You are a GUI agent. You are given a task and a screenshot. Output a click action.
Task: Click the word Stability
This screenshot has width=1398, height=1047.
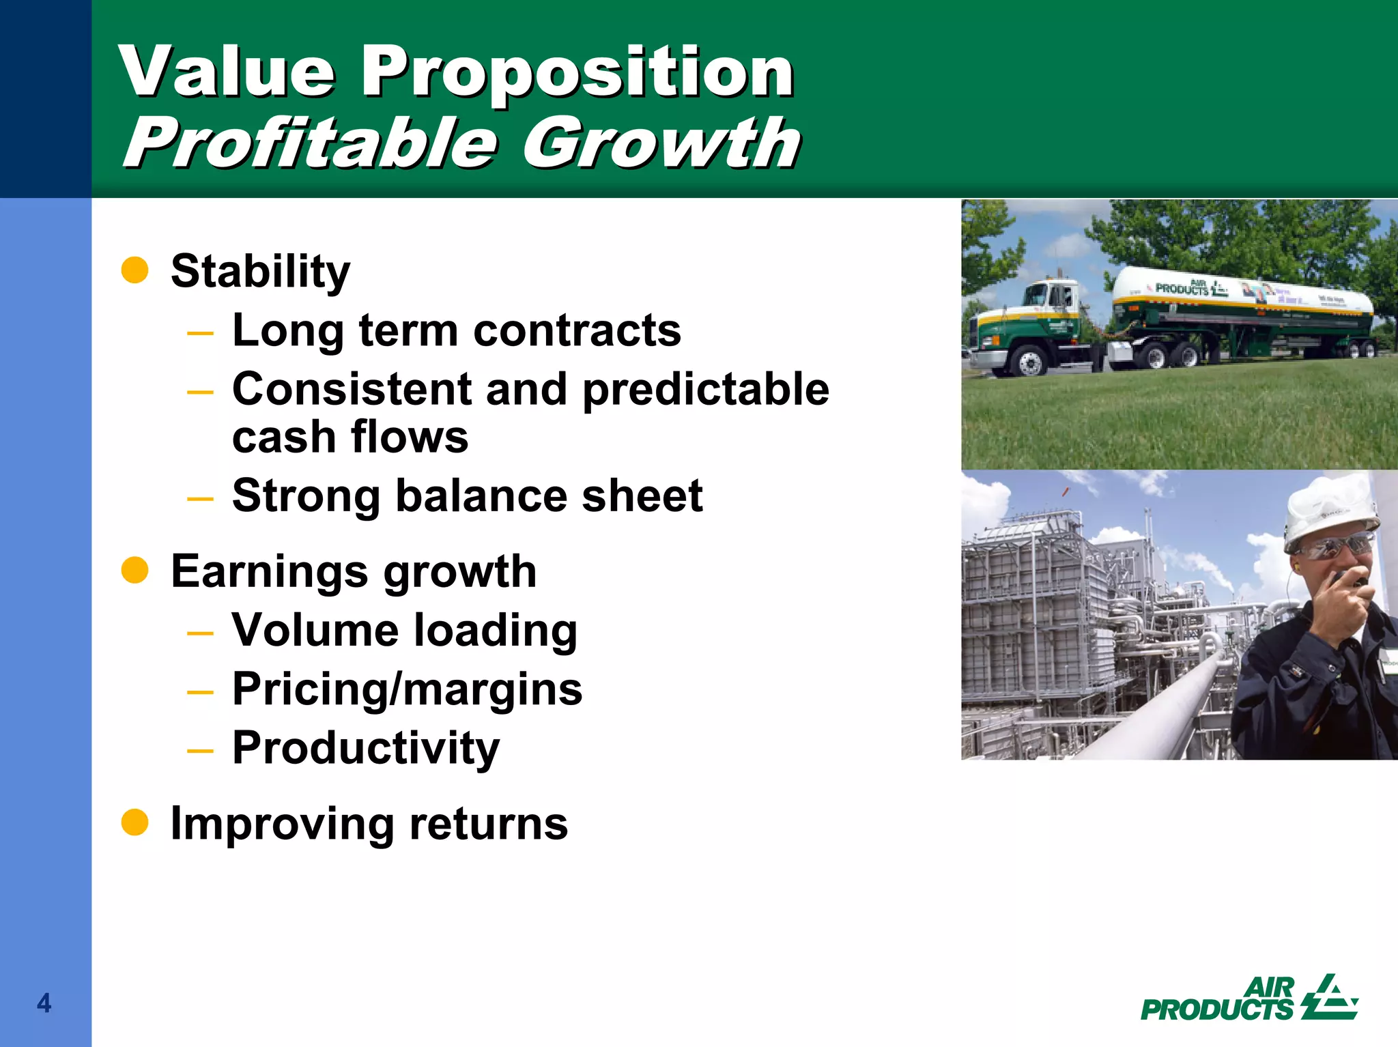point(260,272)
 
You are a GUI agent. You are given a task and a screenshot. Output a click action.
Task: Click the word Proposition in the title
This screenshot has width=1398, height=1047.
point(577,72)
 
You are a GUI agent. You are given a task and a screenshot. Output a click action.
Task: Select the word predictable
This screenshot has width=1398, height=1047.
point(706,390)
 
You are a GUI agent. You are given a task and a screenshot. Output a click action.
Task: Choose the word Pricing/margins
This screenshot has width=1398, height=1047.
point(407,689)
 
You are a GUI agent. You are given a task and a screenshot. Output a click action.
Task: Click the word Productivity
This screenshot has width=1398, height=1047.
point(366,748)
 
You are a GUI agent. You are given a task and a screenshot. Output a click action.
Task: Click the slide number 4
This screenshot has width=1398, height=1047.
point(44,1003)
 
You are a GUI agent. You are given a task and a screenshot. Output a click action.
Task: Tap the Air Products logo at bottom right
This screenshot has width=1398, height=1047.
point(1249,999)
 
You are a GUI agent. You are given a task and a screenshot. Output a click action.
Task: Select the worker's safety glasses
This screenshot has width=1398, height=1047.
point(1335,546)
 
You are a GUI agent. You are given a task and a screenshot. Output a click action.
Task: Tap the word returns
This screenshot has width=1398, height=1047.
point(488,823)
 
